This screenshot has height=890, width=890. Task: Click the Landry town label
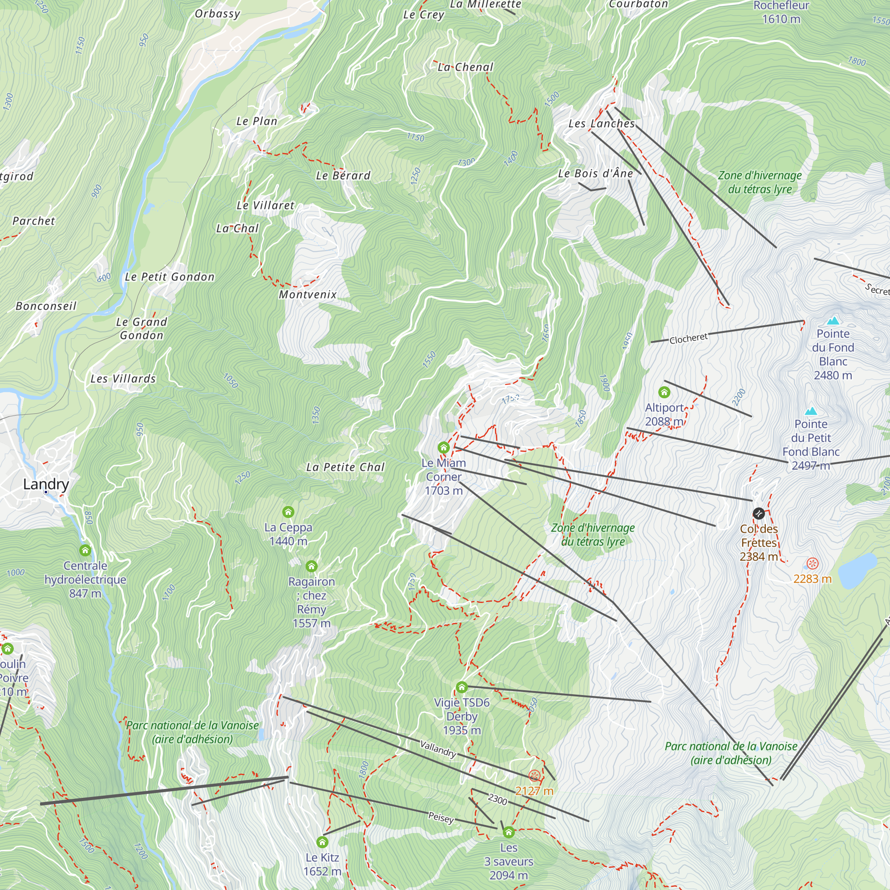[46, 484]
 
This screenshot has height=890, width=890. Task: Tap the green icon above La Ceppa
[288, 512]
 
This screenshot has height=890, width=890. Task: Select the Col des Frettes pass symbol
[758, 513]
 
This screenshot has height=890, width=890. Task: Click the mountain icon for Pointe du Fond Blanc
[833, 320]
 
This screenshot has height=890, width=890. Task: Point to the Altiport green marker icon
[664, 392]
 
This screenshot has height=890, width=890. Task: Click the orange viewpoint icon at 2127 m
[534, 776]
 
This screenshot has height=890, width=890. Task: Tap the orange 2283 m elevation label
[812, 579]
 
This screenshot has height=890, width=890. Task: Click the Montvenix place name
[308, 294]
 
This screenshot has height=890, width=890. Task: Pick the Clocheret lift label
[688, 339]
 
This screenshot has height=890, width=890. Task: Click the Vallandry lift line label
[438, 749]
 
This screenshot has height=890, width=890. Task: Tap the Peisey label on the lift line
[441, 817]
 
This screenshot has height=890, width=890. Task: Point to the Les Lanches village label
[601, 123]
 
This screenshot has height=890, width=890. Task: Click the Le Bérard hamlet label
[343, 175]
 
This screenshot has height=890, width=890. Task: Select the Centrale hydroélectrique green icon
[85, 550]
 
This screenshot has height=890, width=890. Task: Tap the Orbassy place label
[218, 14]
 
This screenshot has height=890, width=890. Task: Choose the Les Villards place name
[123, 379]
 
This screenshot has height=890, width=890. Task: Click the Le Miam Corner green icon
[443, 447]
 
